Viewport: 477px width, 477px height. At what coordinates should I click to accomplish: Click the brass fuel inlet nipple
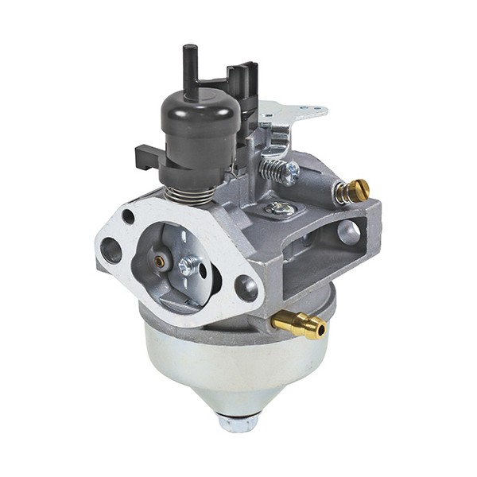coord(301,322)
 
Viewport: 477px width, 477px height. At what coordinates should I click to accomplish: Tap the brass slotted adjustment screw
coord(355,191)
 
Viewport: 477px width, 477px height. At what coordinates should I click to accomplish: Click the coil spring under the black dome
coord(193,192)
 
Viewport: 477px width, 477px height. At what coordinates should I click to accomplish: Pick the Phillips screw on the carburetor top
coord(280,208)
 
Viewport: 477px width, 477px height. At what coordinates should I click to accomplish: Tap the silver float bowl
coord(231,366)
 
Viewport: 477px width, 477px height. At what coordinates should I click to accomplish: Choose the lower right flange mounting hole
coord(247,288)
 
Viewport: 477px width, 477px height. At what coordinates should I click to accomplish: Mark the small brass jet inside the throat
coord(160,261)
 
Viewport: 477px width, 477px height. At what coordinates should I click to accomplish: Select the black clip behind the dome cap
coord(242,83)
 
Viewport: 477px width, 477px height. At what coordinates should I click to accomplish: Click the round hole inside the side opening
coord(347,231)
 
